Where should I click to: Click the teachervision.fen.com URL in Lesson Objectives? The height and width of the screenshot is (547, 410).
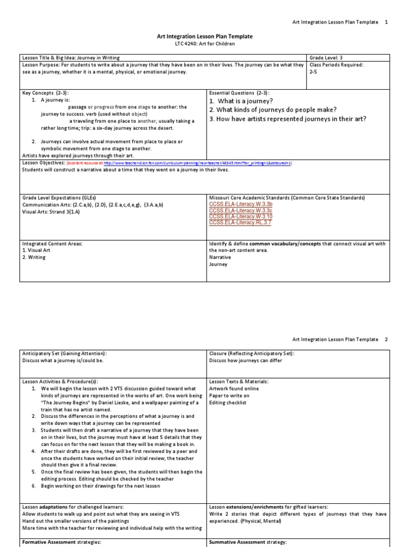198,163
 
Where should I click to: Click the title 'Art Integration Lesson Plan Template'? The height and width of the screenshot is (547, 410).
204,36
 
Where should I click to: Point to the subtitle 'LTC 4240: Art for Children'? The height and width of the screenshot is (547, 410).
204,44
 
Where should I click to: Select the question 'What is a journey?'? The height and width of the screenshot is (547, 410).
241,101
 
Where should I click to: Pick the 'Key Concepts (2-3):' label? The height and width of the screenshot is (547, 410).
45,92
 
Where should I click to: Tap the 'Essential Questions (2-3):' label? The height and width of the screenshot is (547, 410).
239,92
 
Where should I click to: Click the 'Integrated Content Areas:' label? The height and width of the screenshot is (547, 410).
52,244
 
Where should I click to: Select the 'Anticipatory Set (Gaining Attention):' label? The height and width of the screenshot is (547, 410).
64,353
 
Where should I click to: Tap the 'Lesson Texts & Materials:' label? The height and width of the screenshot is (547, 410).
239,381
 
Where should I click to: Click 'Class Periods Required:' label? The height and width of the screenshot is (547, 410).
336,65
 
